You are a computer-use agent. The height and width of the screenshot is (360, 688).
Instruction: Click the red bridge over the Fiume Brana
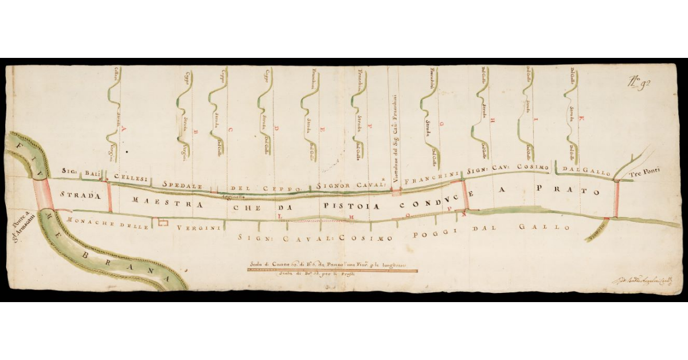tap(44, 195)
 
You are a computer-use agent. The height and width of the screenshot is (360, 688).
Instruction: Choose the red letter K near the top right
tap(581, 119)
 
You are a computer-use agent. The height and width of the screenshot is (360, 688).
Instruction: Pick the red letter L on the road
tap(281, 217)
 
